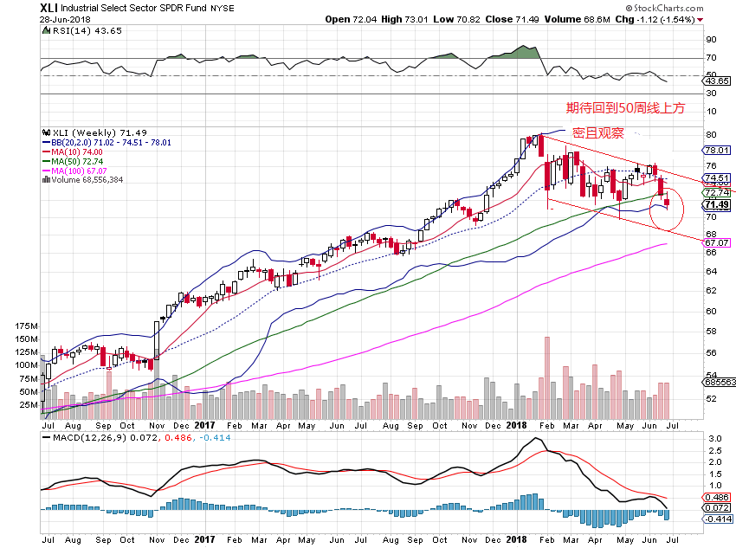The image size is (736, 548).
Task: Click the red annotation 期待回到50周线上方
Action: pos(624,108)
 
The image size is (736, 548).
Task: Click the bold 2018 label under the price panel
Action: pos(518,425)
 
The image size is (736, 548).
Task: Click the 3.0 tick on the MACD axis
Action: pos(712,440)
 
